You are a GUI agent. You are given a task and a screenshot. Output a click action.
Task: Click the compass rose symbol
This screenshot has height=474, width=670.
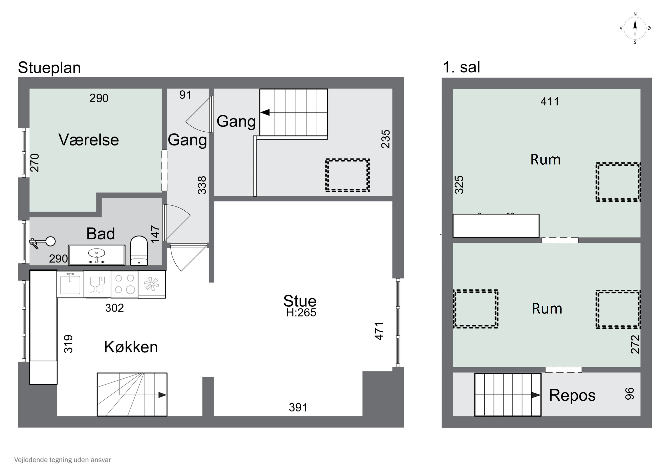pyautogui.click(x=635, y=28)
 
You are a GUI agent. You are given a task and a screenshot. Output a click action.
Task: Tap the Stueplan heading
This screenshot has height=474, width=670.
pyautogui.click(x=49, y=68)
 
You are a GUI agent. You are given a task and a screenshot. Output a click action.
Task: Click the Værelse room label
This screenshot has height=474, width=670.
pyautogui.click(x=89, y=140)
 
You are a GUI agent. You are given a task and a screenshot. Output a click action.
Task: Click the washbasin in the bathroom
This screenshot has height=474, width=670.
pyautogui.click(x=96, y=255)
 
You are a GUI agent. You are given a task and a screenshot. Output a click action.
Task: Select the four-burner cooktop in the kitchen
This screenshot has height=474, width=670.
pyautogui.click(x=125, y=284)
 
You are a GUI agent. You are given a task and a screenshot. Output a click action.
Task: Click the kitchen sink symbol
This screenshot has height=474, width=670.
pyautogui.click(x=70, y=284)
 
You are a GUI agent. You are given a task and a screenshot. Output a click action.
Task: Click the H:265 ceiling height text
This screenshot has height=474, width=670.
pyautogui.click(x=301, y=313)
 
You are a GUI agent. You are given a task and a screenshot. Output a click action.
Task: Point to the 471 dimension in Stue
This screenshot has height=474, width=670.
pyautogui.click(x=379, y=331)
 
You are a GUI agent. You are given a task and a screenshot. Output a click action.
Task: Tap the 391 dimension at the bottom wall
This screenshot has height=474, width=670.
pyautogui.click(x=298, y=407)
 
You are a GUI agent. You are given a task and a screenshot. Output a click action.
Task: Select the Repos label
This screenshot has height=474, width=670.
pyautogui.click(x=572, y=395)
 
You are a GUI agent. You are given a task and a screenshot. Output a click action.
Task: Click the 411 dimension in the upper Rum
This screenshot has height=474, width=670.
pyautogui.click(x=550, y=102)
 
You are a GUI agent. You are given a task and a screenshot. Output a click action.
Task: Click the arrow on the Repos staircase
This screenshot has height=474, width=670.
pyautogui.click(x=536, y=395)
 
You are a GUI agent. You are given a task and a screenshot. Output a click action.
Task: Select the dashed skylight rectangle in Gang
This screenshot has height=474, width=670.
pyautogui.click(x=347, y=175)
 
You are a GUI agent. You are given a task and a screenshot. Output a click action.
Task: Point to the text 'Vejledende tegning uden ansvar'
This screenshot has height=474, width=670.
pyautogui.click(x=63, y=460)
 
